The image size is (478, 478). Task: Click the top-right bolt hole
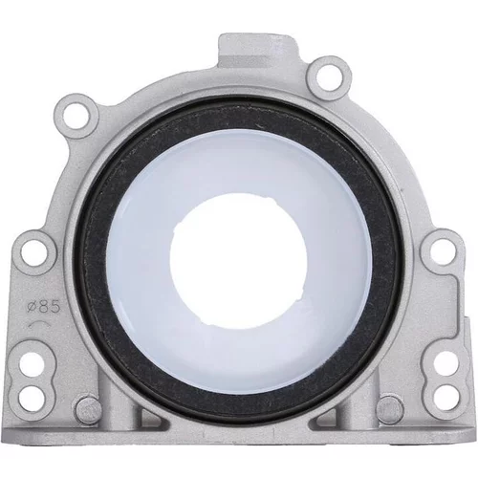pyautogui.click(x=329, y=77)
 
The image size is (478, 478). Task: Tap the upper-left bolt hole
pyautogui.click(x=76, y=116)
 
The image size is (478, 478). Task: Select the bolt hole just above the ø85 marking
pyautogui.click(x=33, y=253)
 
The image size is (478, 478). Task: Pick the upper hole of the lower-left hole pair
pyautogui.click(x=32, y=364)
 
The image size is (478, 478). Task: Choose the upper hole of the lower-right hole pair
pyautogui.click(x=446, y=363)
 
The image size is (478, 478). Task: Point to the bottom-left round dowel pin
pyautogui.click(x=89, y=409)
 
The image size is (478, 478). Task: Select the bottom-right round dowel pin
pyautogui.click(x=389, y=409)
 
